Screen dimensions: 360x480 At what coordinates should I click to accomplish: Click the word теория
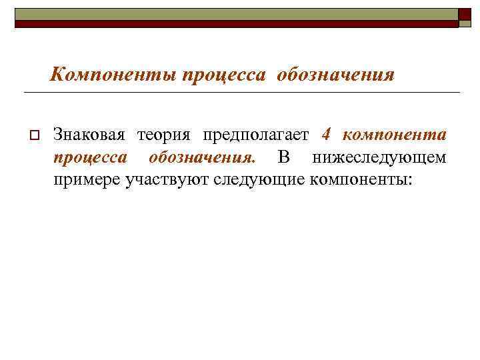164,135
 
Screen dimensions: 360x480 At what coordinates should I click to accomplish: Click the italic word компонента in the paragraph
394,135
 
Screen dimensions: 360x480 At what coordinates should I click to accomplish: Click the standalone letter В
283,157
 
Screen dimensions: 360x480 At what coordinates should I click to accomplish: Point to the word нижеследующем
379,157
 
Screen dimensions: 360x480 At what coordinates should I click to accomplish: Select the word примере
87,179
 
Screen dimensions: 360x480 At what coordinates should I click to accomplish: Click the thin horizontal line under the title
240,92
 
